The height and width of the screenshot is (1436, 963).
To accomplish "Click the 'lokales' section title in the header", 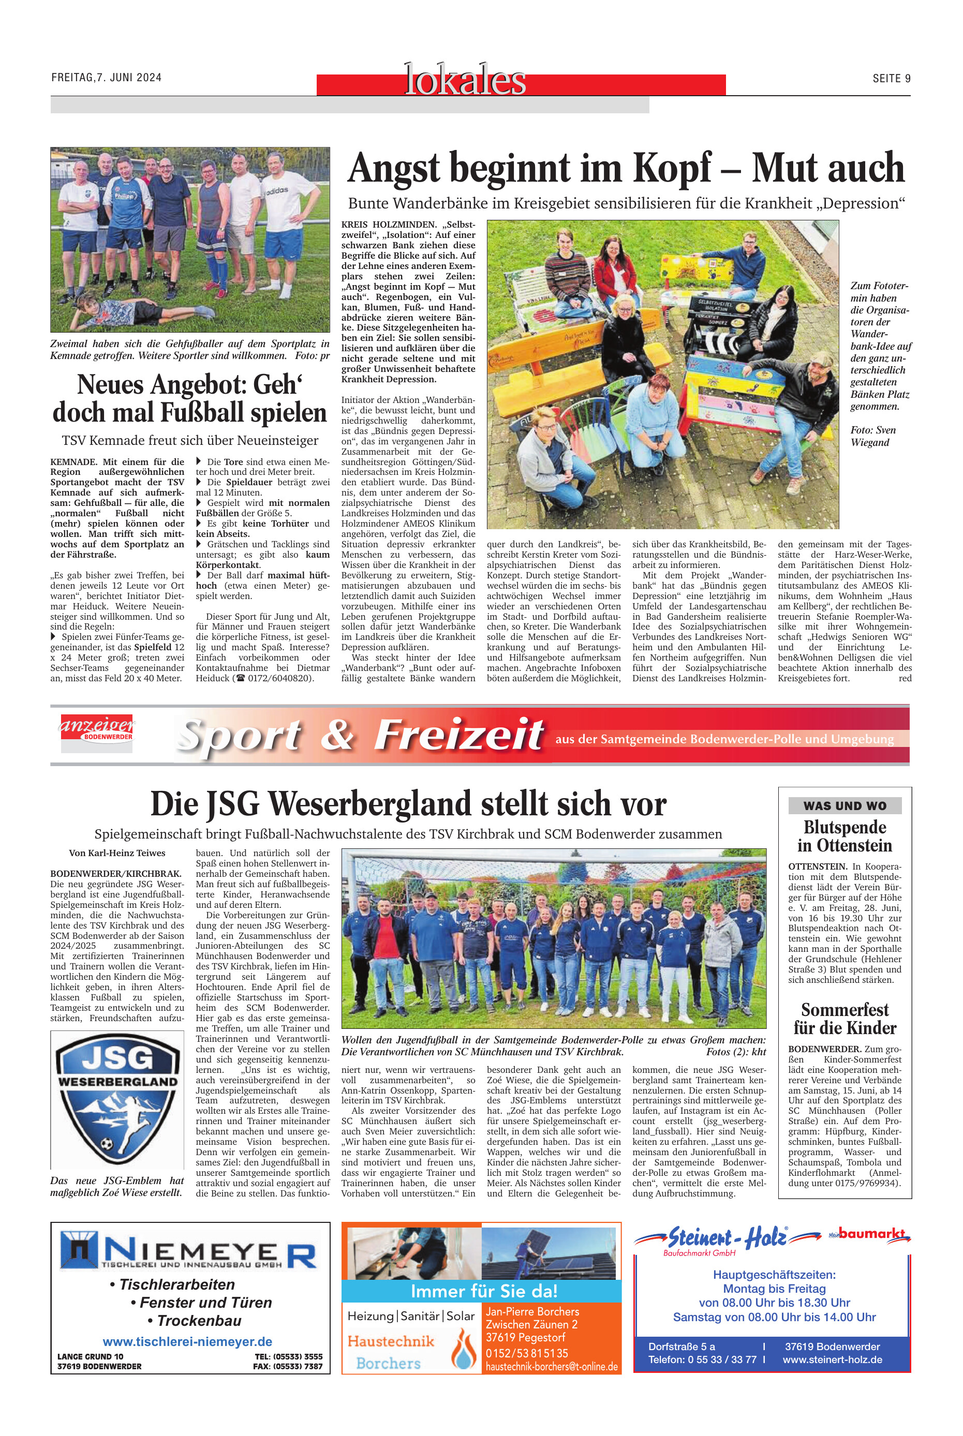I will (465, 80).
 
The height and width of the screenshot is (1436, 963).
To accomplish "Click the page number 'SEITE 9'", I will (891, 78).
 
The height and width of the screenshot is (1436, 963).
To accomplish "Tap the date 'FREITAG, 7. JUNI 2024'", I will (106, 78).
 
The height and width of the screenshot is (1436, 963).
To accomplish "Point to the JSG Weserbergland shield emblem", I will (117, 1100).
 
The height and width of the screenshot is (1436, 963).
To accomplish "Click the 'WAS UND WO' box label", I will (845, 805).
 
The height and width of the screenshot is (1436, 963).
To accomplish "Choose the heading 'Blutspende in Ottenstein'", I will (845, 836).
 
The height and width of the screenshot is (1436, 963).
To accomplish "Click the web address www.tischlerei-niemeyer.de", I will (187, 1341).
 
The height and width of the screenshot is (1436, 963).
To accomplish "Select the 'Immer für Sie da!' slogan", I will (484, 1291).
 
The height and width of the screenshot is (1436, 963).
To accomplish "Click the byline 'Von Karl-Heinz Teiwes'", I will (117, 853).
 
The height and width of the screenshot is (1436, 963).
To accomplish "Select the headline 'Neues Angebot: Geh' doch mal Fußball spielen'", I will (190, 398).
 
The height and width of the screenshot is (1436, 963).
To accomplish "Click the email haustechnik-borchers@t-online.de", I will (552, 1367).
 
